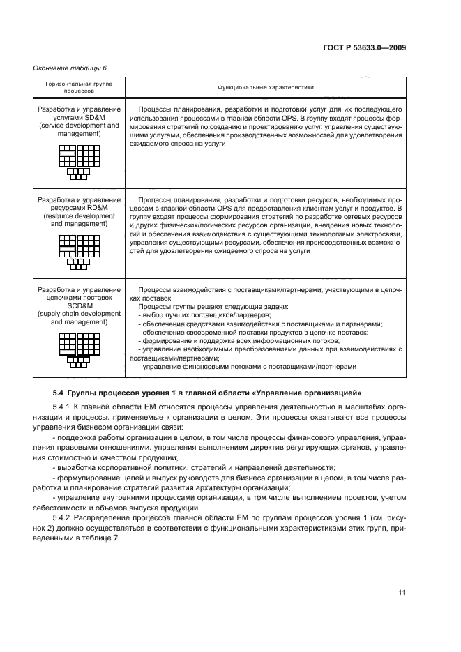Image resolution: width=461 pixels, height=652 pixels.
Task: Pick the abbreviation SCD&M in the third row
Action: click(79, 306)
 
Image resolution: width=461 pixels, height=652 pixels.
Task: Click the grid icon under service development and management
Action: click(79, 160)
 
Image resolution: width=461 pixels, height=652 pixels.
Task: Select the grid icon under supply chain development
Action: click(79, 349)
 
